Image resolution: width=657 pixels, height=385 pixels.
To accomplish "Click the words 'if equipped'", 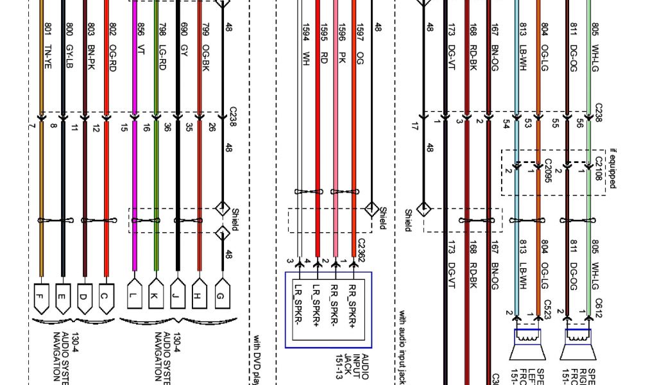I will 613,169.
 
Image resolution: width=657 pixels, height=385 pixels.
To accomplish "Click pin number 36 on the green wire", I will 167,127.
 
